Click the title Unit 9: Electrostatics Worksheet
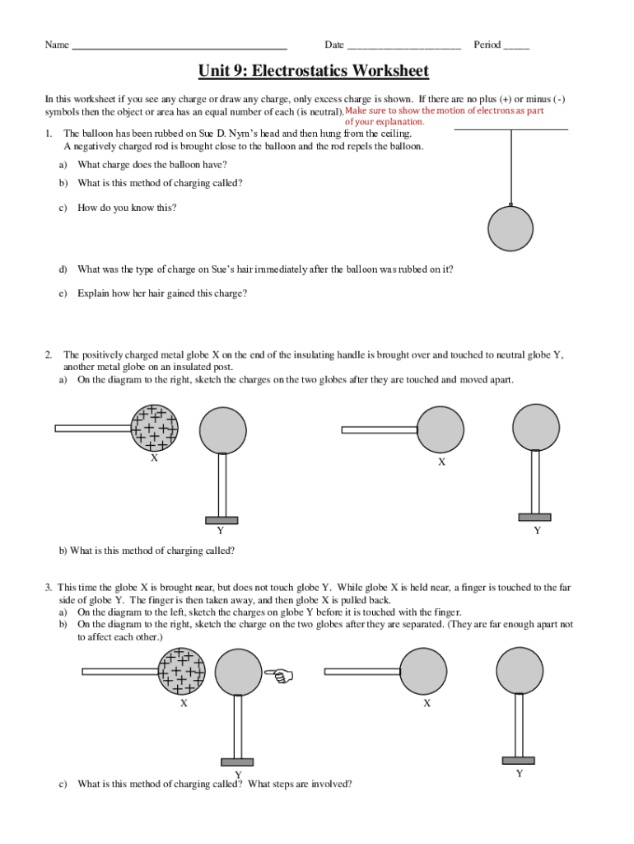[313, 72]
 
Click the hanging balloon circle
[512, 227]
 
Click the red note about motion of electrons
[445, 115]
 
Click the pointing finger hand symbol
[281, 677]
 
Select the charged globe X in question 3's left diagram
[182, 670]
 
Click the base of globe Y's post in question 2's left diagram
[221, 520]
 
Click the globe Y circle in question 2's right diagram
[536, 427]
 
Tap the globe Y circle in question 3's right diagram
[520, 669]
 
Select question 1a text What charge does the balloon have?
[152, 164]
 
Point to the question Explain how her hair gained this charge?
[162, 293]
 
